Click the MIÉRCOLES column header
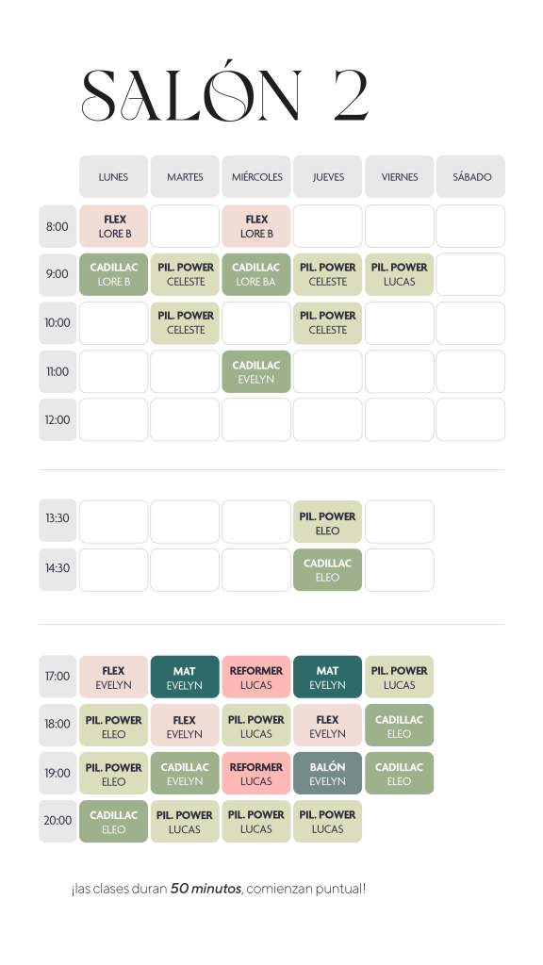coord(256,176)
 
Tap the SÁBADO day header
coord(471,176)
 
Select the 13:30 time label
coord(58,518)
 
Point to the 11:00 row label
coord(58,371)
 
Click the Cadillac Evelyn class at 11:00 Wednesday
coord(256,371)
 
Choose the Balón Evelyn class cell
coord(327,773)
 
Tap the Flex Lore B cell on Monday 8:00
coord(113,226)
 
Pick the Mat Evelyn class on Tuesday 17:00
coord(185,677)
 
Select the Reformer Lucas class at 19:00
coord(256,773)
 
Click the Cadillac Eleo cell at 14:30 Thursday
coord(327,570)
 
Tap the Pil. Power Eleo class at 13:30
coord(327,522)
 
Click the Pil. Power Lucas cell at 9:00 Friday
coord(399,274)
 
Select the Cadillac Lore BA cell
coord(256,274)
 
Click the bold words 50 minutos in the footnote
coord(206,888)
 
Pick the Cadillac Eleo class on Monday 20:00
coord(113,821)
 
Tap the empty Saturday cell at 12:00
coord(471,419)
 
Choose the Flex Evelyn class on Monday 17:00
coord(113,677)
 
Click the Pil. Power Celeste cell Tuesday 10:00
coord(185,323)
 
